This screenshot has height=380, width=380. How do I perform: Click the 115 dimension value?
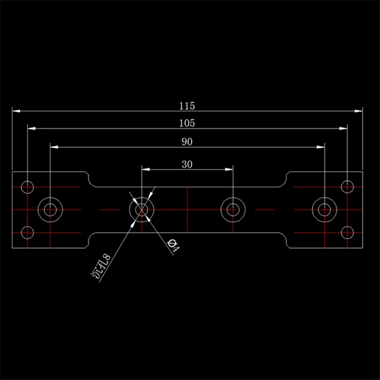[188, 105]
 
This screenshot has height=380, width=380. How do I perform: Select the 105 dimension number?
[188, 123]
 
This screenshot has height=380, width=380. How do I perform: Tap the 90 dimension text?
[188, 142]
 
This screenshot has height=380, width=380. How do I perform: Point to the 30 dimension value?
[188, 164]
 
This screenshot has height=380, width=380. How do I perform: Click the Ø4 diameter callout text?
[173, 246]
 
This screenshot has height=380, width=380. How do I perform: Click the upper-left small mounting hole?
[28, 186]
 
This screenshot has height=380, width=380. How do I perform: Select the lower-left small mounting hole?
[28, 232]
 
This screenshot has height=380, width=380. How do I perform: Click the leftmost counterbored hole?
[50, 209]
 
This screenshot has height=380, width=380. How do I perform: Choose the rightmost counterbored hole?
[324, 209]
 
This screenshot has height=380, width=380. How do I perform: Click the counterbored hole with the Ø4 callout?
[142, 209]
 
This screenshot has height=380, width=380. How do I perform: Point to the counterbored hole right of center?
[233, 209]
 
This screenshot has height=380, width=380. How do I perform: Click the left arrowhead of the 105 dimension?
[31, 129]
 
